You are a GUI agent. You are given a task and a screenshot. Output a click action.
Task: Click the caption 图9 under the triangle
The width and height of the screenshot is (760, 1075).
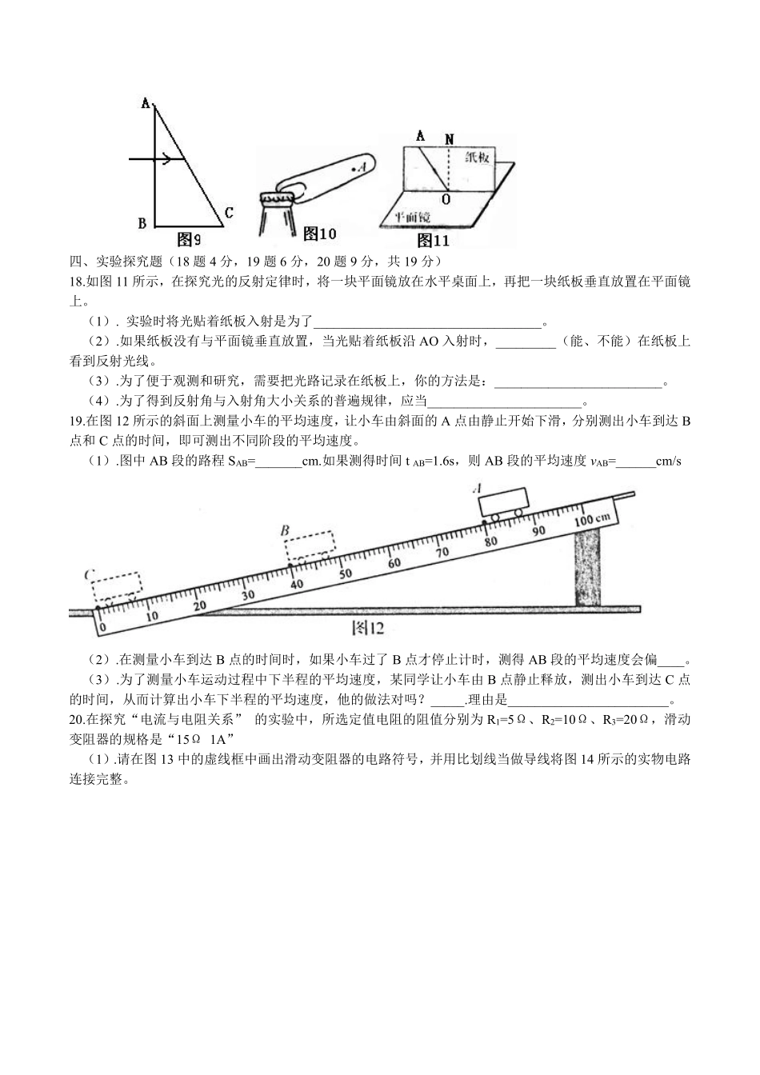pos(189,238)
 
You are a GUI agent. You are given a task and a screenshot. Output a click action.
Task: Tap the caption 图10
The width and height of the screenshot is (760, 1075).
pos(319,234)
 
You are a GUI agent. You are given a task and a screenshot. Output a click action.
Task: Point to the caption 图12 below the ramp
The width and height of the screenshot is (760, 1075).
pos(368,628)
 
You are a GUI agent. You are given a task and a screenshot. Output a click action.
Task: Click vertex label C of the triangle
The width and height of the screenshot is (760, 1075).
pos(229,213)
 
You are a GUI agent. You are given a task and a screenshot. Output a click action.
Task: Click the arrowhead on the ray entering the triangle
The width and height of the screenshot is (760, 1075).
pos(167,159)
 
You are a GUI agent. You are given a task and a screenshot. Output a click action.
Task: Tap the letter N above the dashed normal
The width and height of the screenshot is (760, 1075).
pos(450,139)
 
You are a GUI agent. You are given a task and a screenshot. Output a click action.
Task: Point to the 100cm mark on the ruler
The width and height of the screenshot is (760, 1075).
pos(592,518)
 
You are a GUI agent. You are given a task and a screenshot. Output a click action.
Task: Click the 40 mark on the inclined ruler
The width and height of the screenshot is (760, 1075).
pos(297,584)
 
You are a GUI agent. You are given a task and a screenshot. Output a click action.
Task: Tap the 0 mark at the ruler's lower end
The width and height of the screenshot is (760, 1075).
pos(102,626)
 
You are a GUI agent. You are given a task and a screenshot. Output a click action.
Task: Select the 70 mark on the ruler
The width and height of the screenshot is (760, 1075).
pos(442,551)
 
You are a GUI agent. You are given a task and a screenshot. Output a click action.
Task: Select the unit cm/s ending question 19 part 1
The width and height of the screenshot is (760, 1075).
pos(668,462)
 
